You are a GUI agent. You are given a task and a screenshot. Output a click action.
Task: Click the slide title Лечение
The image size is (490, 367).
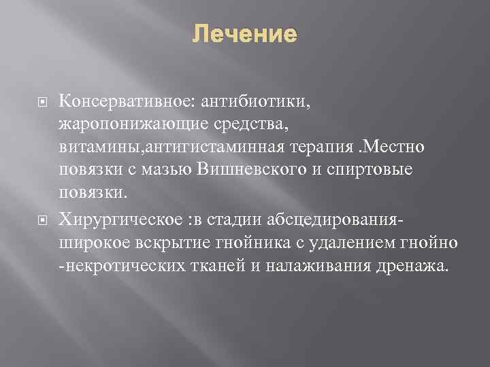pos(244,33)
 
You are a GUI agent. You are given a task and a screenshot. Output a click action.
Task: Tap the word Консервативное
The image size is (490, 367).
pos(127,101)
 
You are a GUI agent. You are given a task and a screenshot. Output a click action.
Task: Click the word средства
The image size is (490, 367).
pos(246,124)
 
